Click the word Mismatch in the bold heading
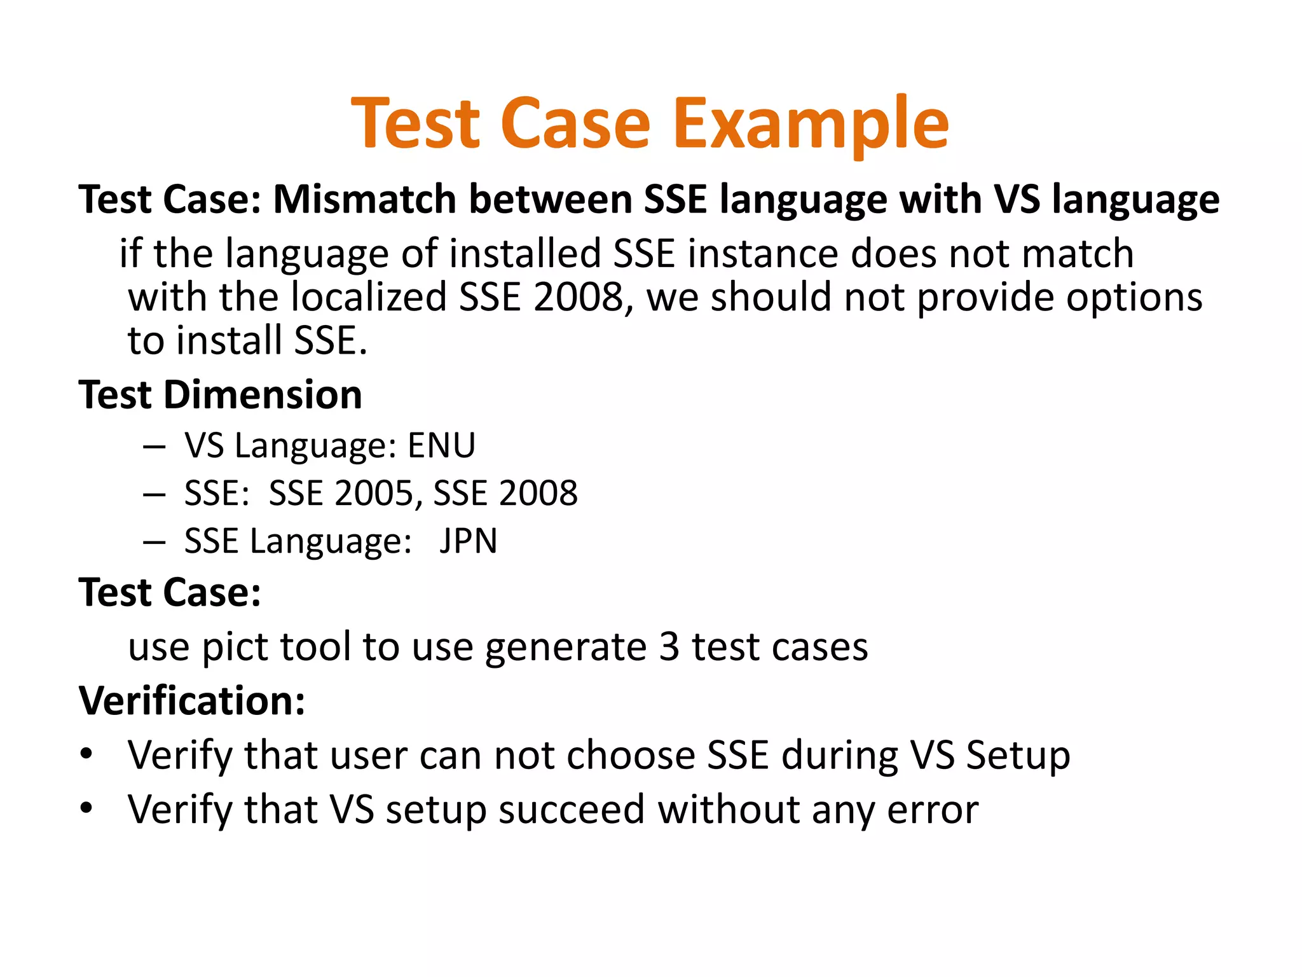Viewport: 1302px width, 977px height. click(364, 199)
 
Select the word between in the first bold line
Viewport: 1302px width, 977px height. click(551, 199)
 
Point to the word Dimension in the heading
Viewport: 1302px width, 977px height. click(263, 394)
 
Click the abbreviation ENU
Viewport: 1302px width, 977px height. click(441, 445)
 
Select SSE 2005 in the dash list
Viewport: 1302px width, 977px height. click(340, 493)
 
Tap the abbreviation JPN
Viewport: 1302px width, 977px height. click(468, 541)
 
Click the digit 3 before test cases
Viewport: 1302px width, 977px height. click(669, 647)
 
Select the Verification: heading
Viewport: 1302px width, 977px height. click(192, 700)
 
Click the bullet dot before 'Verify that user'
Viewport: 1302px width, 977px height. click(86, 754)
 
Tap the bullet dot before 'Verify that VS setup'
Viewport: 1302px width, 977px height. click(86, 808)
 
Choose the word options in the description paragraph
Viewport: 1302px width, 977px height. click(1134, 298)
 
